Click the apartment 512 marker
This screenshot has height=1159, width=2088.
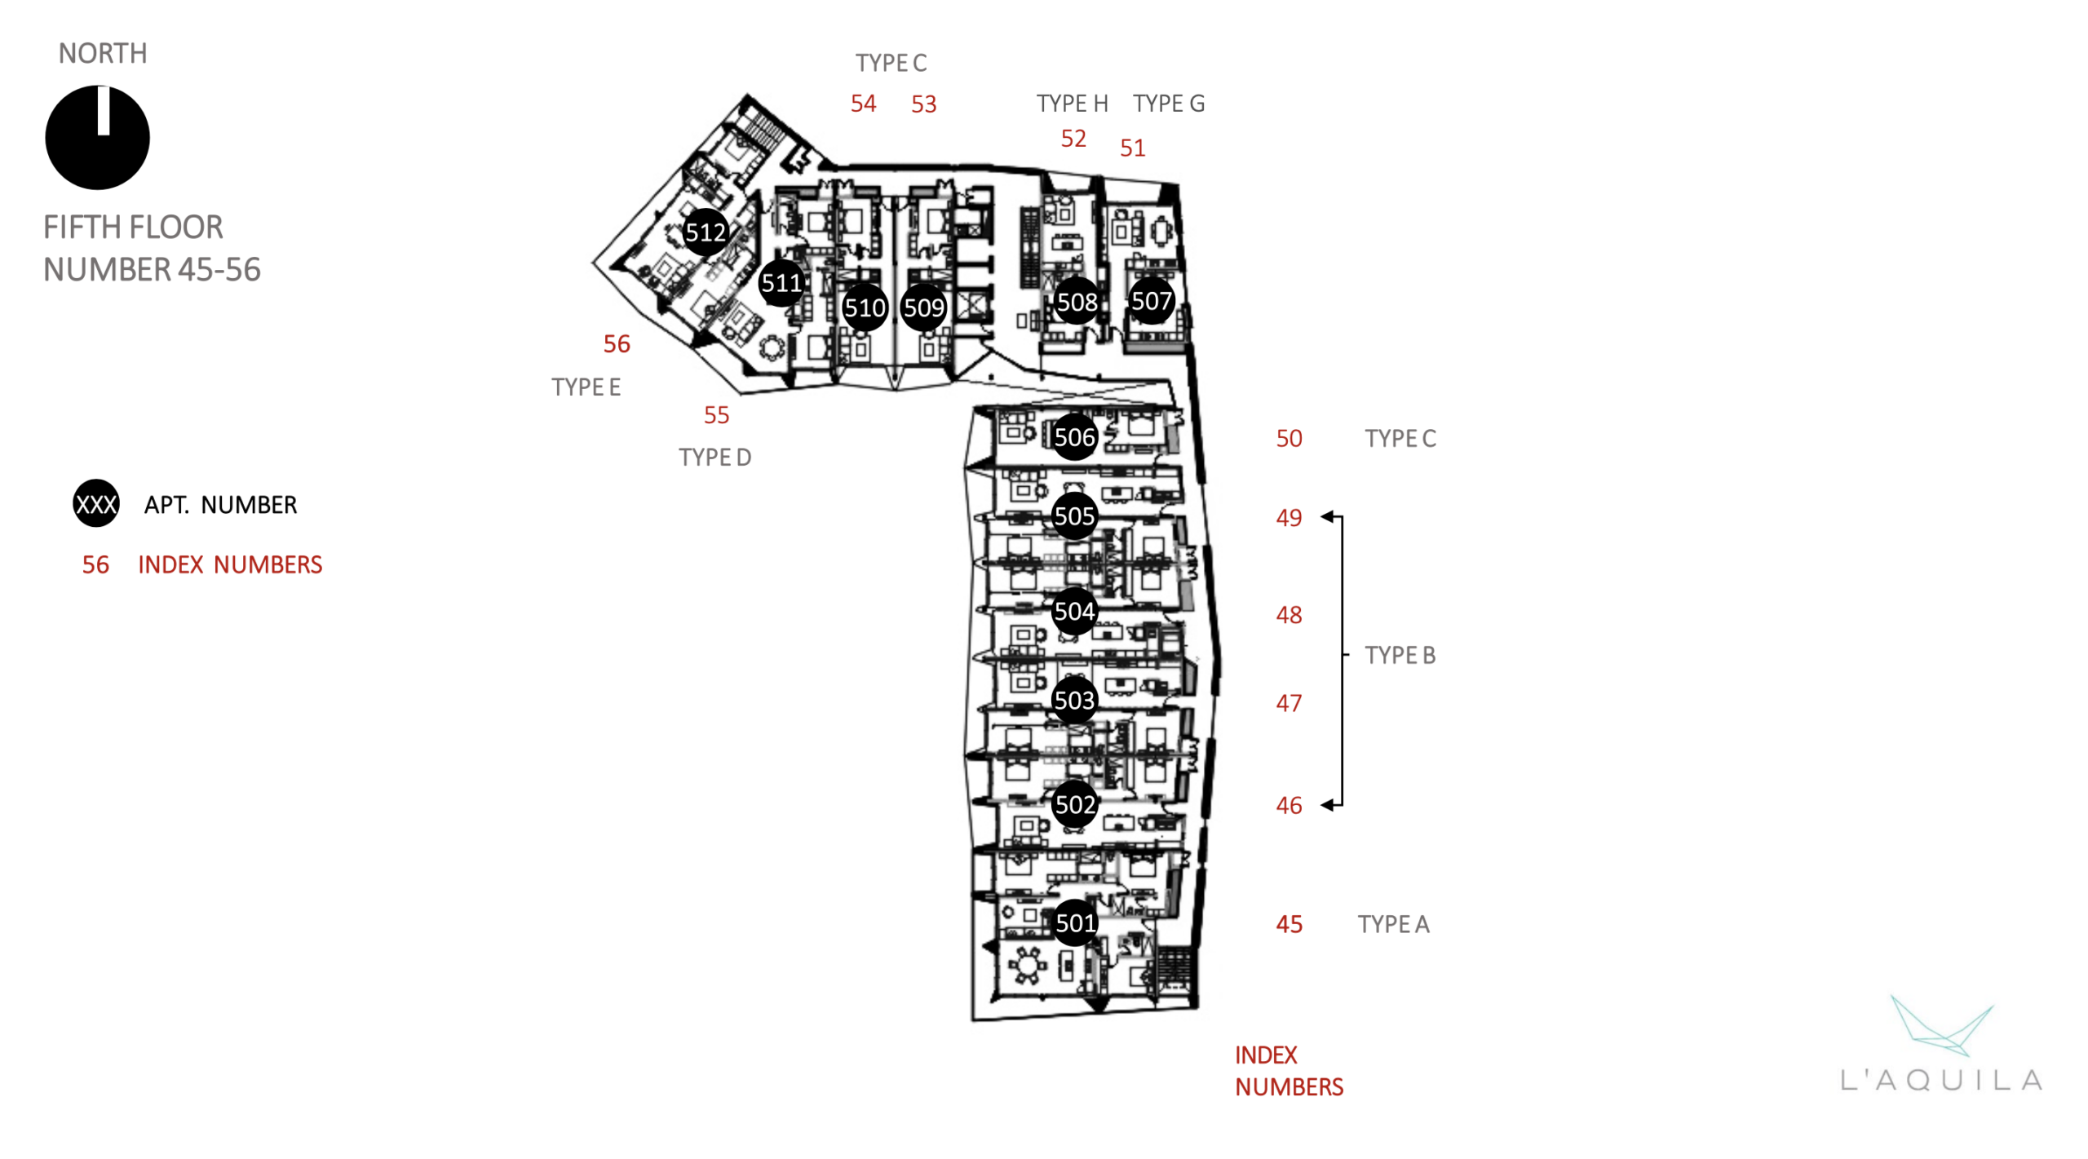coord(705,232)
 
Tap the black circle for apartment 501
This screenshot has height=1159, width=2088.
coord(1075,922)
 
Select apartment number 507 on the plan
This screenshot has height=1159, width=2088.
coord(1151,301)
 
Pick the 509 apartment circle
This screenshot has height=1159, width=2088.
coord(923,307)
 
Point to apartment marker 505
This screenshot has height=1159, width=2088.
coord(1073,515)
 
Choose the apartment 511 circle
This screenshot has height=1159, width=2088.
coord(781,283)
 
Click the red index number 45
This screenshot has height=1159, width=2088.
coord(1289,924)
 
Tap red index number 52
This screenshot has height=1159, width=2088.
coord(1073,139)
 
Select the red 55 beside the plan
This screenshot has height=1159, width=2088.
coord(716,415)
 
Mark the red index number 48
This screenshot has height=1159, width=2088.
coord(1289,615)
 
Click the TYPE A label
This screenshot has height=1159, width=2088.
coord(1393,924)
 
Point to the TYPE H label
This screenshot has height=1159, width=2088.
coord(1072,104)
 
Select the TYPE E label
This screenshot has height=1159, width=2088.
coord(586,387)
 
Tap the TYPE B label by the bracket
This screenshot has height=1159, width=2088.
coord(1400,655)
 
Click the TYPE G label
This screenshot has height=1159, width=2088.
coord(1168,104)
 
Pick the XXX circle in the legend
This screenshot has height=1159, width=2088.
coord(96,503)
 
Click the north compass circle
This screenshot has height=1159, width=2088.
coord(98,138)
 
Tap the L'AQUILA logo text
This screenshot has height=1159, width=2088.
coord(1940,1080)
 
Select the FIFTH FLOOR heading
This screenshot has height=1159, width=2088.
coord(133,228)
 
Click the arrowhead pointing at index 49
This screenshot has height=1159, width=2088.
coord(1327,516)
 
